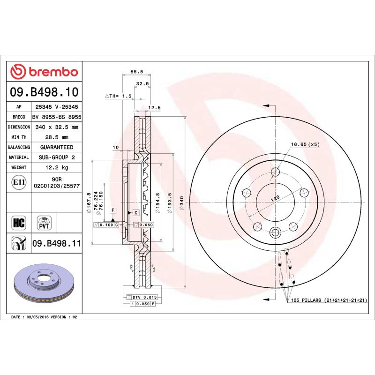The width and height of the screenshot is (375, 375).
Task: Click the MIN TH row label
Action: click(x=19, y=137)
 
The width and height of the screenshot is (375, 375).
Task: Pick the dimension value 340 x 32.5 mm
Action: click(x=56, y=127)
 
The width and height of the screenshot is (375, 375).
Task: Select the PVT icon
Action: click(x=43, y=222)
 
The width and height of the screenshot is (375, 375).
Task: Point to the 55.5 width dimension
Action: click(x=136, y=72)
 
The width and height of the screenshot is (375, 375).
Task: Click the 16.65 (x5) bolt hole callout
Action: click(x=305, y=144)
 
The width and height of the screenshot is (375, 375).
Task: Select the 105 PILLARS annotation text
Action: click(x=328, y=300)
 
